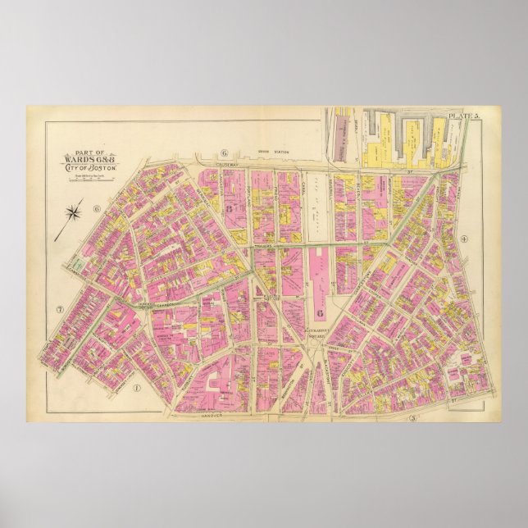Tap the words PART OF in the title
pos(90,152)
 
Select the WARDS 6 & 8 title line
pos(91,160)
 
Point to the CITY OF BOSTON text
pos(91,168)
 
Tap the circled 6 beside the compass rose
pos(97,208)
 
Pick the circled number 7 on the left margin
pos(60,309)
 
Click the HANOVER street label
pos(212,416)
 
